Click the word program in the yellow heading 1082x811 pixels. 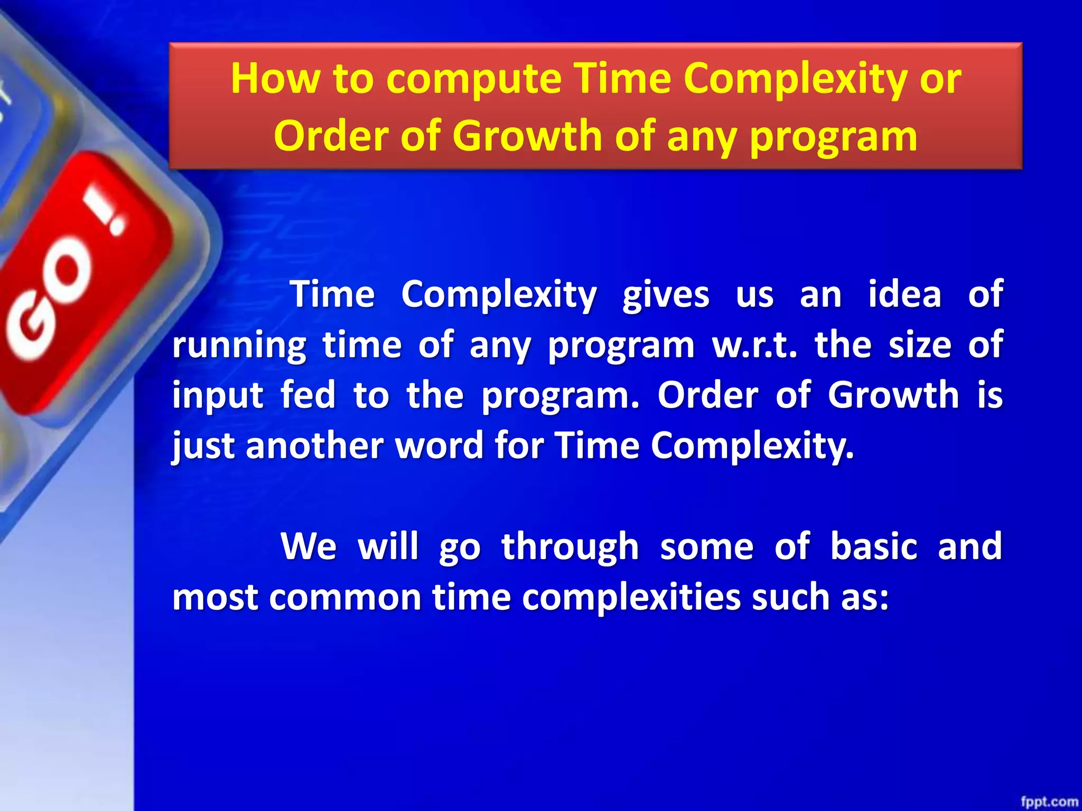(833, 137)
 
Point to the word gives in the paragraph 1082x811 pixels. (665, 295)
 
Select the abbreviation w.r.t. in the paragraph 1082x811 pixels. (754, 345)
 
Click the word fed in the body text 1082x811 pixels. (308, 395)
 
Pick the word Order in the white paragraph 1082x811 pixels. (707, 395)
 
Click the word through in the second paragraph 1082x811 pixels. (570, 547)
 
